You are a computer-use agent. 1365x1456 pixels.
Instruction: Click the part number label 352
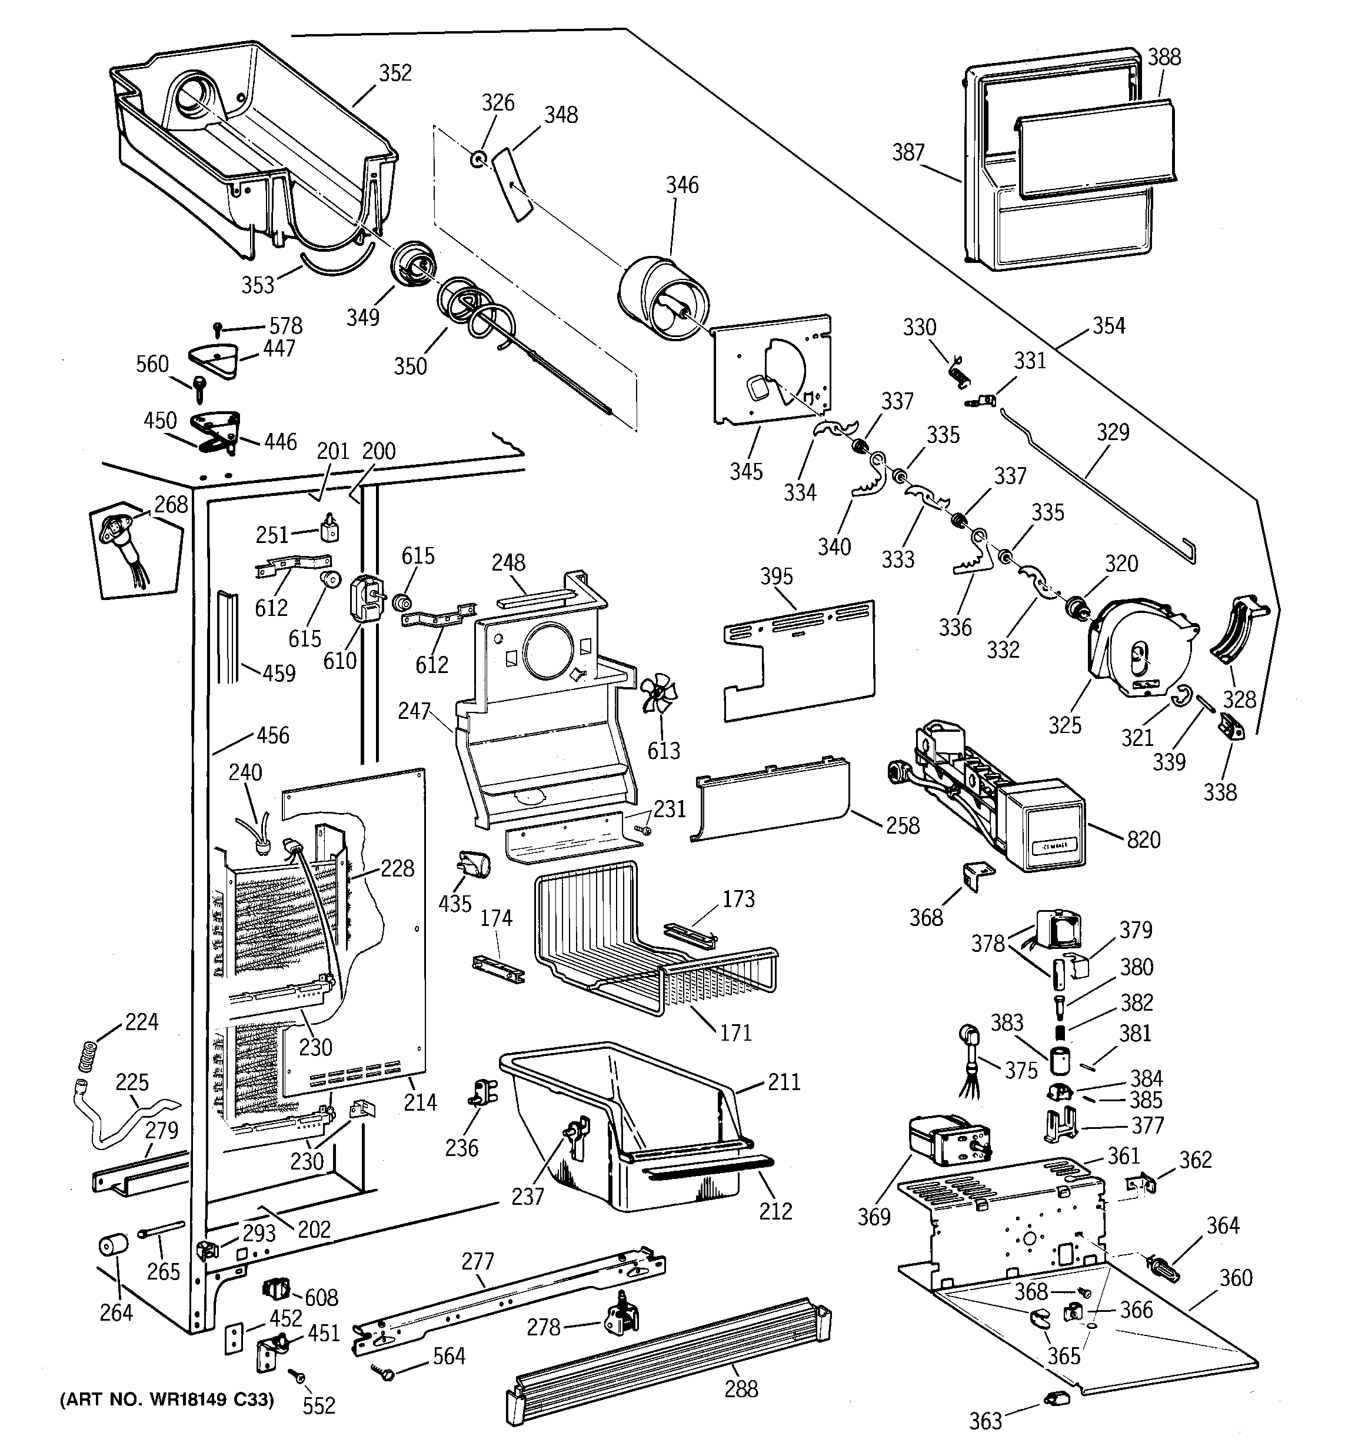tap(395, 73)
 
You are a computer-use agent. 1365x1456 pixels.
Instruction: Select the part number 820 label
tap(1143, 839)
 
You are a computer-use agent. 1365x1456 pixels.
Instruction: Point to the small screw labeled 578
tap(218, 326)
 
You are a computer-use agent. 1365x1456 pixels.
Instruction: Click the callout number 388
tap(1164, 57)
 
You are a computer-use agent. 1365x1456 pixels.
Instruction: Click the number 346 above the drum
tap(682, 185)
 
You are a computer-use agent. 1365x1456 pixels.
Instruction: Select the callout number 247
tap(414, 711)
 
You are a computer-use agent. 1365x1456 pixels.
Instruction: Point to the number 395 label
tap(776, 577)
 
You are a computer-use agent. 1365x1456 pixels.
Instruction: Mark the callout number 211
tap(784, 1081)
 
